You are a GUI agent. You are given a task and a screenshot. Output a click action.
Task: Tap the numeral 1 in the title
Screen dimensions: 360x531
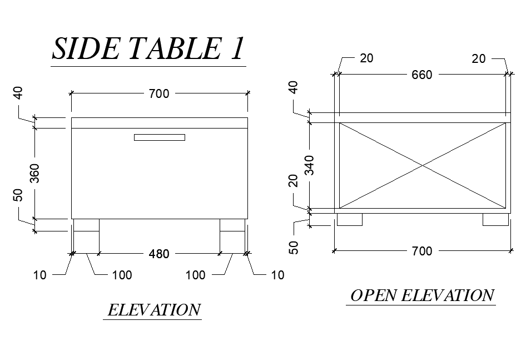[x=236, y=49]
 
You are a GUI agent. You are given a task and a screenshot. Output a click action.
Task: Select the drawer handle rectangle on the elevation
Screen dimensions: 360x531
[x=159, y=137]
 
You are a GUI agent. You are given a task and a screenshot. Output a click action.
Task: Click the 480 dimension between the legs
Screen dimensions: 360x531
[x=159, y=254]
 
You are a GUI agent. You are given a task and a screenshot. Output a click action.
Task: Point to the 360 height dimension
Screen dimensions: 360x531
[x=34, y=173]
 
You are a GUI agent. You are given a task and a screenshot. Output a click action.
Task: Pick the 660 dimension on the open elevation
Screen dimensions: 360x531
[x=421, y=75]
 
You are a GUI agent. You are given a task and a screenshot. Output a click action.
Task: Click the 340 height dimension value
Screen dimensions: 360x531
[x=310, y=165]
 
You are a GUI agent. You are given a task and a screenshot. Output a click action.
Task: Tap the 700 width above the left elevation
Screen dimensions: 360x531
[x=158, y=93]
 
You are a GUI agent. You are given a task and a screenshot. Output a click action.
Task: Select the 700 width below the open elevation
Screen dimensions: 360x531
[x=421, y=251]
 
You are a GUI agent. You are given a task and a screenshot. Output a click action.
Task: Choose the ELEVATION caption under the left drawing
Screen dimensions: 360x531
[x=153, y=310]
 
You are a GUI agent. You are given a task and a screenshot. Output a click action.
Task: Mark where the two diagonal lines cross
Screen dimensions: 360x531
[x=423, y=165]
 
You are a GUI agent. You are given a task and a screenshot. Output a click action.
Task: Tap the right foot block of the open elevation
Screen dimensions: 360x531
[x=495, y=219]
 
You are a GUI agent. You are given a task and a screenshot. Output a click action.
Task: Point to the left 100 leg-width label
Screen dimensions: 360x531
[x=122, y=275]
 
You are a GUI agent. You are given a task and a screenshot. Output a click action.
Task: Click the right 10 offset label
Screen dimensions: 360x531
[x=277, y=275]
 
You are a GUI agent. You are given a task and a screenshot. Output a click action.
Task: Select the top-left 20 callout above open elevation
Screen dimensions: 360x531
[x=367, y=58]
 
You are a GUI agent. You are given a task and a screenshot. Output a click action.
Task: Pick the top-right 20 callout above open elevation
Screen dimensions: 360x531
[x=478, y=58]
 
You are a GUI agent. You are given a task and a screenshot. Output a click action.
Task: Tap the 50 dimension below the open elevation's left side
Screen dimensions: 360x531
[x=295, y=247]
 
